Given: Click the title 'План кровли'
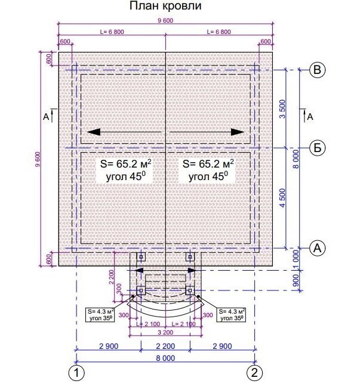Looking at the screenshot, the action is [x=165, y=6].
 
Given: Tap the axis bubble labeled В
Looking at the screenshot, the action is [x=317, y=70].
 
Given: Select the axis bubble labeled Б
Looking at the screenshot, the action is [x=317, y=148].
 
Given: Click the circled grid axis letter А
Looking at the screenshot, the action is [x=317, y=248].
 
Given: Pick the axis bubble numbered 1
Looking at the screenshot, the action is [x=76, y=373].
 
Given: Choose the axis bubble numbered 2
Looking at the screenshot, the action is [x=254, y=373].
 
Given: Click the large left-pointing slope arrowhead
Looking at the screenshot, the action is [x=94, y=132].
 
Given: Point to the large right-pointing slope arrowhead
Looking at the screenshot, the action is [x=238, y=132].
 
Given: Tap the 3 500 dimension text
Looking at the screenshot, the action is [x=283, y=109].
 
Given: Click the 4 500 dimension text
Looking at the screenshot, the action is [x=283, y=198].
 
